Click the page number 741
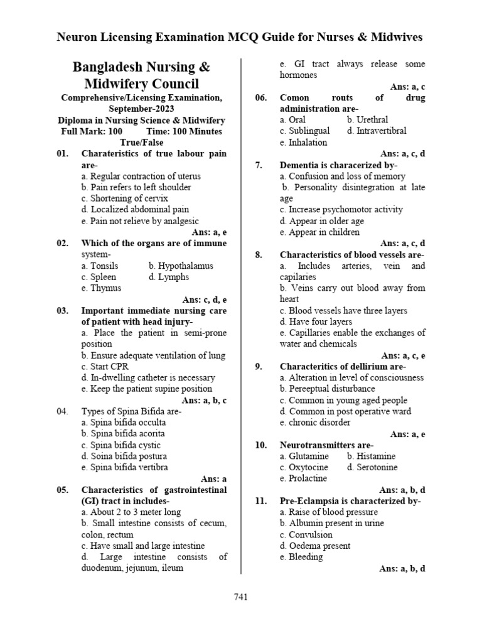[x=240, y=597]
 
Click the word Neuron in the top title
[x=77, y=37]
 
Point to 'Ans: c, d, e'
[x=204, y=300]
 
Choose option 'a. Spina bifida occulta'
[x=124, y=422]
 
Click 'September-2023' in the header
[x=141, y=109]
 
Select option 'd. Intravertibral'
[x=376, y=131]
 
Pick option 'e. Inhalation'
[x=303, y=143]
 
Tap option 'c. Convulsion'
[x=306, y=535]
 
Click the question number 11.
[x=261, y=501]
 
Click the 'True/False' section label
[x=141, y=143]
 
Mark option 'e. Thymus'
[x=102, y=288]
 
